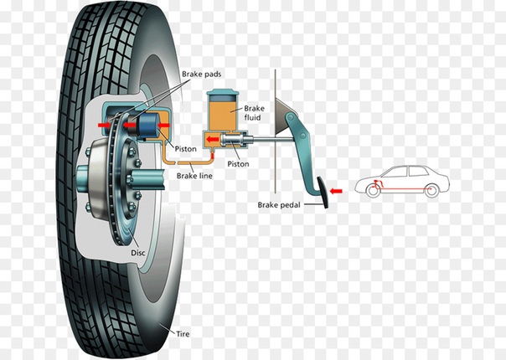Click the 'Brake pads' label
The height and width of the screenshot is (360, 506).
201,75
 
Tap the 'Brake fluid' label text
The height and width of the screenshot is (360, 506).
254,113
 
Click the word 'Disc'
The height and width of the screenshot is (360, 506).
138,251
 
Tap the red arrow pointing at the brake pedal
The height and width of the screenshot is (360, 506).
336,192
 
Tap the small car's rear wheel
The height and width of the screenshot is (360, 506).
431,191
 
